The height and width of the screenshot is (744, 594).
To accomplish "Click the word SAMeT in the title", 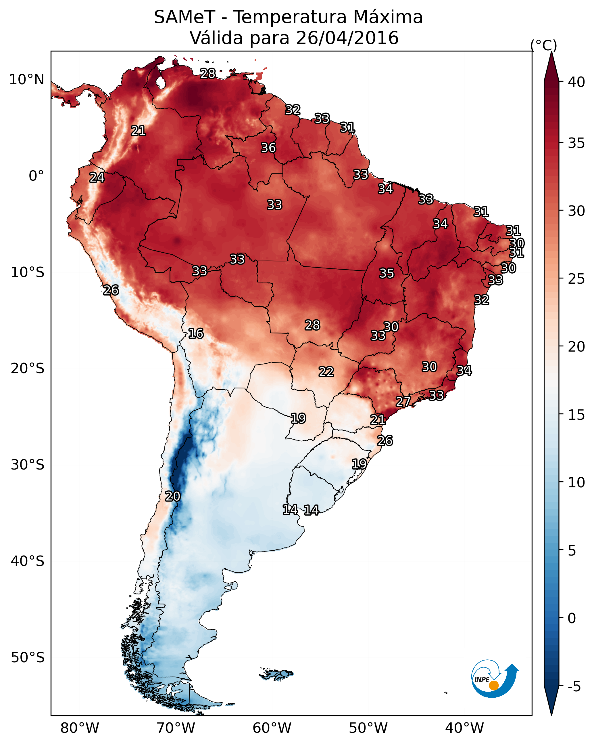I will point(184,17).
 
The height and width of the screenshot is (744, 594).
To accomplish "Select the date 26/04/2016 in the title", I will point(347,38).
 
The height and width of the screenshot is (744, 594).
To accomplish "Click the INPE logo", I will point(494,680).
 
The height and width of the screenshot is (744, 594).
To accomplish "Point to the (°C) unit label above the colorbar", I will point(544,45).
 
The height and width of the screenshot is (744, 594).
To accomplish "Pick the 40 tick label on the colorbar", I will point(576,82).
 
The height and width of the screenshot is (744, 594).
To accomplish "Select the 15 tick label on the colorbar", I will point(576,415).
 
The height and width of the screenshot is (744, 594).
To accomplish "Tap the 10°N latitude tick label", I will point(26,80).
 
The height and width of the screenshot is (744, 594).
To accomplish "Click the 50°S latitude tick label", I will point(28,658).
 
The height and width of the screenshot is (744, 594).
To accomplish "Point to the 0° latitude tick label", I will point(36,176).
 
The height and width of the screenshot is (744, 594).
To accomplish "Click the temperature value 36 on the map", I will point(268,148).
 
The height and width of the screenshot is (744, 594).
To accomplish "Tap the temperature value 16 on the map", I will point(196,333).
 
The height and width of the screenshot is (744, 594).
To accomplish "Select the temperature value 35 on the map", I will point(387,273).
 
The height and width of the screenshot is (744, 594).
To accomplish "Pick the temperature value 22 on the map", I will point(326,372).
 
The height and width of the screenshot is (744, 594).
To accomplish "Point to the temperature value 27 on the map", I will point(403,401).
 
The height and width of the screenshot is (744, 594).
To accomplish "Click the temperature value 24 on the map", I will point(97,178).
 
